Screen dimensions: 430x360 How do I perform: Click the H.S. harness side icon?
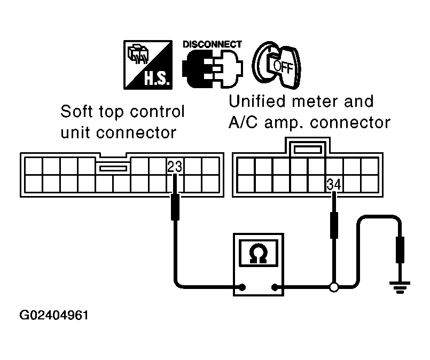148,65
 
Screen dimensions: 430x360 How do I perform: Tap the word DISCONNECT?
212,44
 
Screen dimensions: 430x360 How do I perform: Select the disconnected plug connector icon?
213,69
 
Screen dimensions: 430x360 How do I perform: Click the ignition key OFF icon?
277,65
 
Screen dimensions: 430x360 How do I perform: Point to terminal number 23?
175,167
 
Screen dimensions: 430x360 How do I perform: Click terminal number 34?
334,184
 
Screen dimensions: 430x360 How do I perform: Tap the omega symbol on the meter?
259,253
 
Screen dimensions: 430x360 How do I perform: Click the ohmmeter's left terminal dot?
242,287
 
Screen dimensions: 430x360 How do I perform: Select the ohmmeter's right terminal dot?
274,287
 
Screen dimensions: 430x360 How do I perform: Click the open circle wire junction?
334,287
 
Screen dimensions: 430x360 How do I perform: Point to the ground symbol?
400,287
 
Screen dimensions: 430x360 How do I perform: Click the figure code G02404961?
54,315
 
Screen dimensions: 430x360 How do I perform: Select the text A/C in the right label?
243,122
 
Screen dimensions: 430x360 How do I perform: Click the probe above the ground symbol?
400,250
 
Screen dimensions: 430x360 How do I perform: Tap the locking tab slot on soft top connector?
113,168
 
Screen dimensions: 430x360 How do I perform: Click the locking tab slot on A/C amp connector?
308,150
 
